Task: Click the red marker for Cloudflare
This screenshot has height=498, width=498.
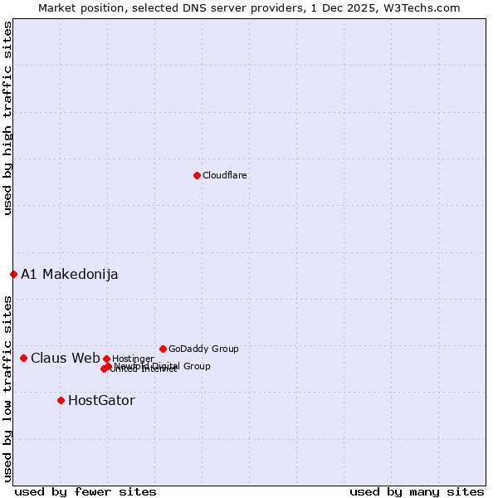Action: click(x=197, y=175)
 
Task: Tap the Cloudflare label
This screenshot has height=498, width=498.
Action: click(x=225, y=175)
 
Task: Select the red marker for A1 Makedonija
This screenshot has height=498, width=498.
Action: click(x=13, y=274)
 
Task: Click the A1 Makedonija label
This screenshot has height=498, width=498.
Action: click(x=70, y=274)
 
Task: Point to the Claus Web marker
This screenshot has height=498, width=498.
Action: click(x=23, y=358)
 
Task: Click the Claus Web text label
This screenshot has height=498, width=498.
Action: click(x=66, y=358)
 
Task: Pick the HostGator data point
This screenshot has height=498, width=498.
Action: click(x=61, y=400)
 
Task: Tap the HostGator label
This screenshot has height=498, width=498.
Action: click(x=101, y=400)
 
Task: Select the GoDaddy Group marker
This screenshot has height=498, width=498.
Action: click(x=163, y=349)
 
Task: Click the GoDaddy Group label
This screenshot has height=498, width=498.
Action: click(x=203, y=349)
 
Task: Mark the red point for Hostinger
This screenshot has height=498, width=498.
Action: click(x=106, y=359)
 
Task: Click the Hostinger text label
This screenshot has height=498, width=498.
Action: click(x=133, y=359)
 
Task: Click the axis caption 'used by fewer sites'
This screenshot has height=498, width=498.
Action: click(x=85, y=491)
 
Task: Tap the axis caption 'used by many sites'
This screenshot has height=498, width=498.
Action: click(x=417, y=491)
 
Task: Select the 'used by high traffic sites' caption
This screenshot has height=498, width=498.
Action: click(x=7, y=118)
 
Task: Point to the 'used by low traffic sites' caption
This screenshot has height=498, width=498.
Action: click(x=7, y=388)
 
